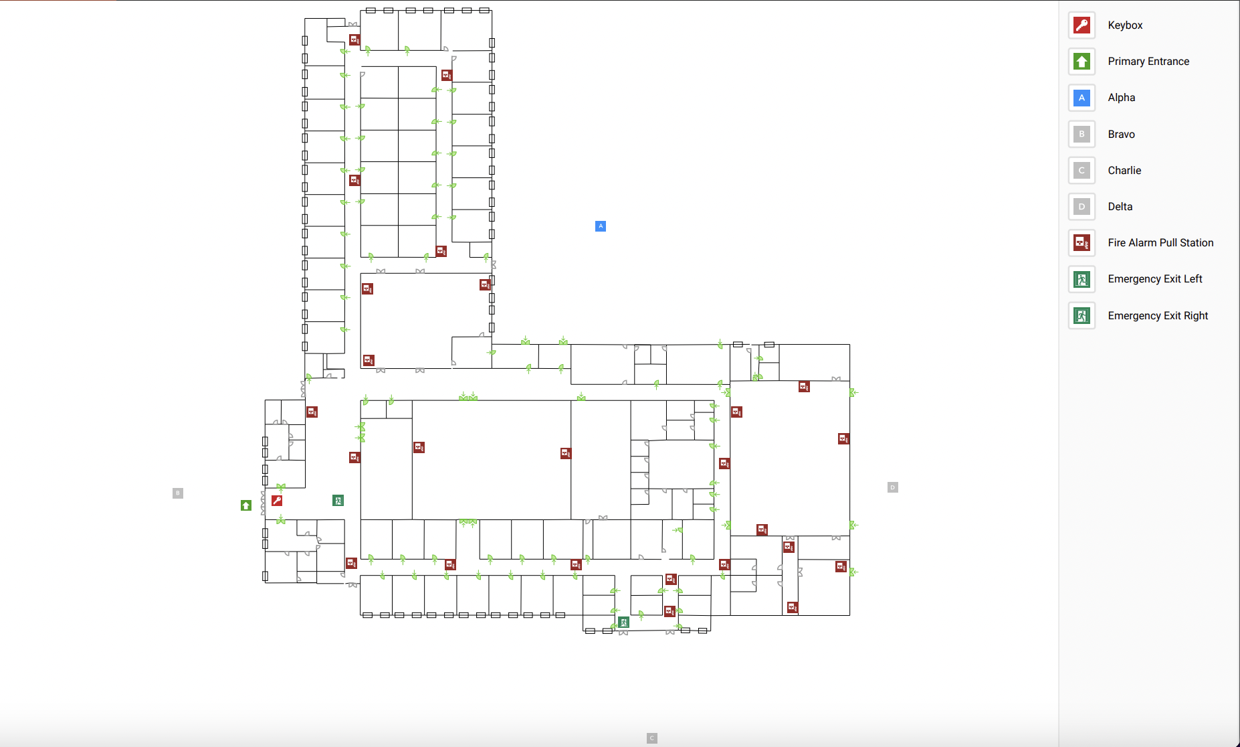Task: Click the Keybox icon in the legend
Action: tap(1081, 25)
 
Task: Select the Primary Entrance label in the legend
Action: tap(1148, 62)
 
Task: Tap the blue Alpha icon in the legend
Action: tap(1081, 98)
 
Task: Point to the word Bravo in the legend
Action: tap(1121, 135)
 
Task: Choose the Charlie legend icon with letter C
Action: tap(1081, 171)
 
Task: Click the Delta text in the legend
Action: tap(1120, 207)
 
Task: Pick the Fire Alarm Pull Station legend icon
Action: tap(1081, 243)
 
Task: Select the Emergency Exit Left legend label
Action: tap(1154, 279)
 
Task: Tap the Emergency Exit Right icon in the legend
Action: tap(1081, 315)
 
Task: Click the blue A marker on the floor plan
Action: tap(601, 226)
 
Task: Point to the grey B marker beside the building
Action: tap(178, 493)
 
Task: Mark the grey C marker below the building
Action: tap(652, 738)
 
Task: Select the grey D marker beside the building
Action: tap(892, 487)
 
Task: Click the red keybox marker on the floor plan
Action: tap(277, 501)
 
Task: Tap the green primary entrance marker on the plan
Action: tap(246, 505)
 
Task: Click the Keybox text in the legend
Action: tap(1125, 25)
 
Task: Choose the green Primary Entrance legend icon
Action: tap(1081, 62)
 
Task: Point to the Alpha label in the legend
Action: tap(1121, 98)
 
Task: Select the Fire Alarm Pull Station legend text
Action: tap(1160, 243)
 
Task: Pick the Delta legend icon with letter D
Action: tap(1081, 207)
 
